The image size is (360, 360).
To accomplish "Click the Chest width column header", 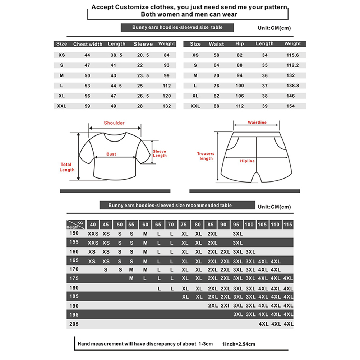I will pyautogui.click(x=88, y=44).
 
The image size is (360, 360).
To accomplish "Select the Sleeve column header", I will pyautogui.click(x=143, y=44).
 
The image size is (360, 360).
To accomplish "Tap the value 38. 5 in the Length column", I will pyautogui.click(x=116, y=55).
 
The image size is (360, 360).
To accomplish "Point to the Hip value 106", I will pyautogui.click(x=239, y=96).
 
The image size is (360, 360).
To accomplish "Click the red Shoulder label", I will pyautogui.click(x=114, y=123).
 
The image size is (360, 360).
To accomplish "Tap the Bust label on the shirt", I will pyautogui.click(x=111, y=154).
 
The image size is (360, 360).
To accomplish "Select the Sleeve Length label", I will pyautogui.click(x=160, y=153).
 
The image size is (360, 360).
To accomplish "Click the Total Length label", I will pyautogui.click(x=67, y=167).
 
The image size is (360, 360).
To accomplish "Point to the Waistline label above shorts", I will pyautogui.click(x=257, y=123).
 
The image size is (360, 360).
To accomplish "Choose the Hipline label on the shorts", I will pyautogui.click(x=247, y=161).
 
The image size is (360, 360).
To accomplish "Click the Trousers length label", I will pyautogui.click(x=206, y=156).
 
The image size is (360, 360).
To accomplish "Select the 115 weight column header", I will pyautogui.click(x=288, y=225).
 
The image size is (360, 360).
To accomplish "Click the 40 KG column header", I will pyautogui.click(x=93, y=225).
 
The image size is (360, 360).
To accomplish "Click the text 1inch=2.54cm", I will pyautogui.click(x=239, y=344).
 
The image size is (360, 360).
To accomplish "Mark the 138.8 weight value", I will pyautogui.click(x=291, y=86).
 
